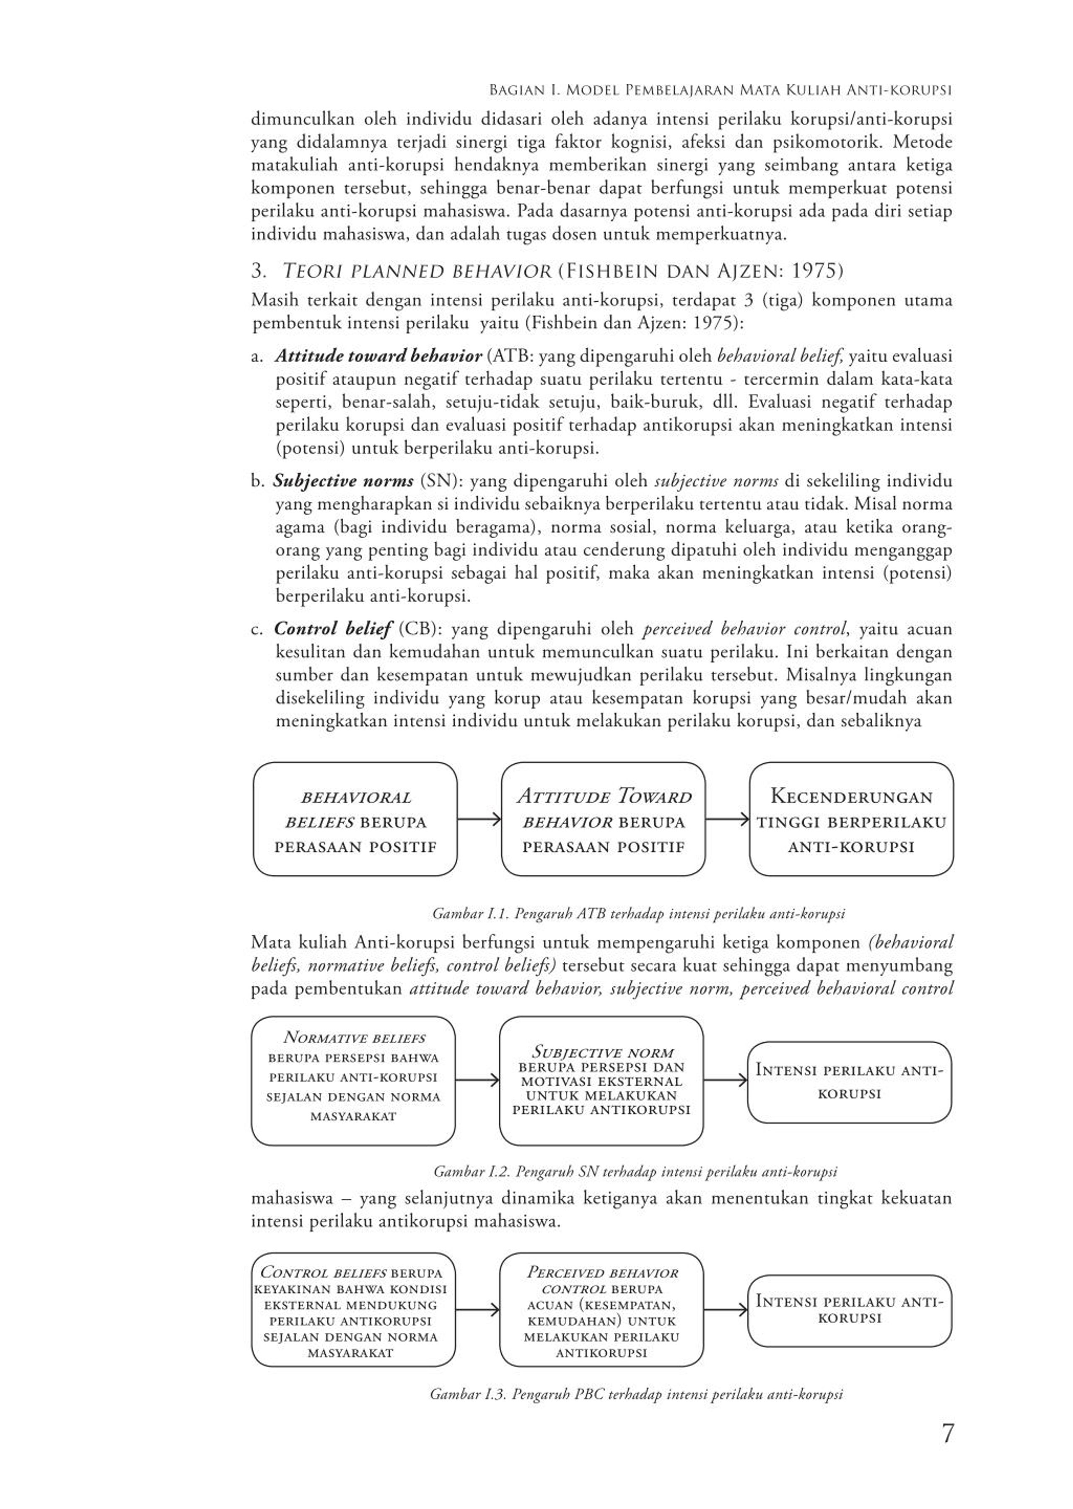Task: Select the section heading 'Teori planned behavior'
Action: [x=416, y=271]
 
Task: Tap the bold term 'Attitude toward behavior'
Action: [x=378, y=356]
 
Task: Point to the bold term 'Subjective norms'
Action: [x=344, y=481]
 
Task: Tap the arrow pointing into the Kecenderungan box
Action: [x=727, y=820]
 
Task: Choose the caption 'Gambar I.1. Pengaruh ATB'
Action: [x=638, y=914]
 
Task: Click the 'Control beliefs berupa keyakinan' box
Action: [x=353, y=1312]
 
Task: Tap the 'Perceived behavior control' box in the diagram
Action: [x=601, y=1312]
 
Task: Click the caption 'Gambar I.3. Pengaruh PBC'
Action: [x=635, y=1394]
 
